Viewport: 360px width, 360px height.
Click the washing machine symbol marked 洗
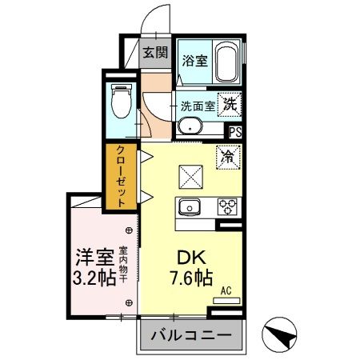(x=230, y=103)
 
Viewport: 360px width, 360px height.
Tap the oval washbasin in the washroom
(x=191, y=126)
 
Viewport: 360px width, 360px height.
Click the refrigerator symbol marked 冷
(x=228, y=157)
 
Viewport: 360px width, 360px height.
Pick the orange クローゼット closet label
(x=120, y=177)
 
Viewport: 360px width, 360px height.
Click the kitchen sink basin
(x=193, y=206)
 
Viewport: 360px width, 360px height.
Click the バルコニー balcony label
(x=192, y=334)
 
